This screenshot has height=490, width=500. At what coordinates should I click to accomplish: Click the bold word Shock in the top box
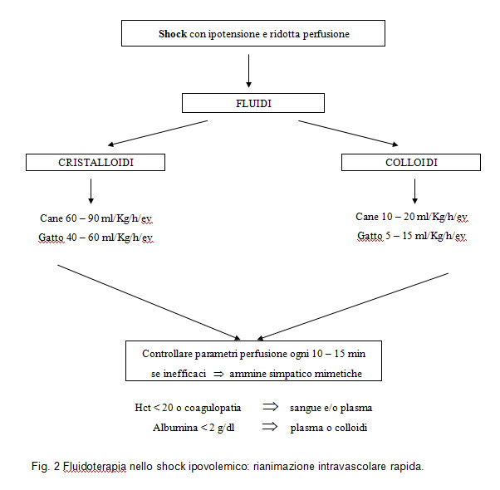[x=173, y=34]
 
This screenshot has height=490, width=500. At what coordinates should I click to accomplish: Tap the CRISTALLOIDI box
[x=91, y=162]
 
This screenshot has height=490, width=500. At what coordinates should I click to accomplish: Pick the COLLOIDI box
[x=410, y=162]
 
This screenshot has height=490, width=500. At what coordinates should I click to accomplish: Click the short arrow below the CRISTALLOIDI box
[x=91, y=191]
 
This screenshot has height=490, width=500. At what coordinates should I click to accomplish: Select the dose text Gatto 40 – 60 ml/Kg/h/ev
[x=95, y=238]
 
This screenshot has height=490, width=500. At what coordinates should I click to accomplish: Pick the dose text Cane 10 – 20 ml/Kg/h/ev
[x=411, y=217]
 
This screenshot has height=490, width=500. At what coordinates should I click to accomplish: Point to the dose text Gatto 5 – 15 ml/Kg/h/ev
[x=411, y=237]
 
